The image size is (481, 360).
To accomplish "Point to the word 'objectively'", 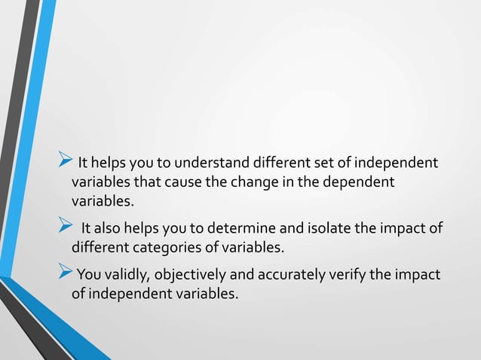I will (x=189, y=274).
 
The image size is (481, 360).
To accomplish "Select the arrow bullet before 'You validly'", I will (x=63, y=273).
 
